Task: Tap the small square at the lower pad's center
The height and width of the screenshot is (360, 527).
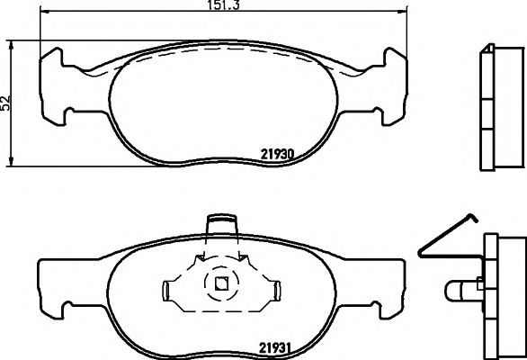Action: (x=220, y=286)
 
